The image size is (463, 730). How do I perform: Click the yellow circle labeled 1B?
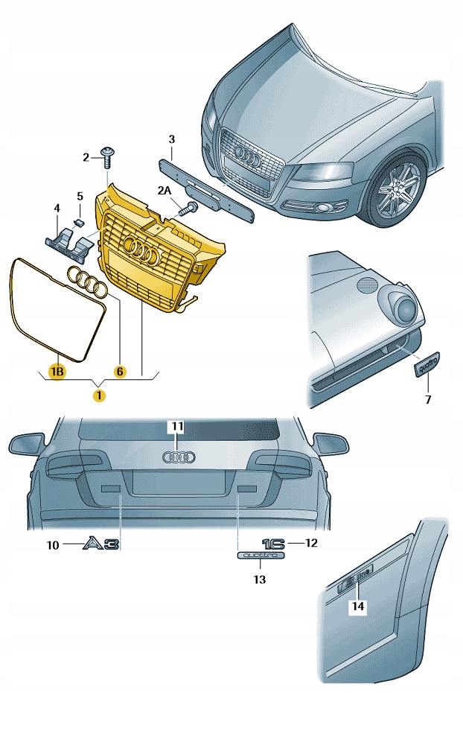(57, 370)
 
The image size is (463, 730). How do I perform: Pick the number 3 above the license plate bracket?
(171, 139)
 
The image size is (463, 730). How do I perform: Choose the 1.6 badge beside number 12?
(273, 543)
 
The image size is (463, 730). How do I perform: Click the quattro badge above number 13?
(260, 556)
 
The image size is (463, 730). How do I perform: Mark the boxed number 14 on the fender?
(358, 606)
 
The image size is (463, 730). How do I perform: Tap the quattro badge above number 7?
(428, 364)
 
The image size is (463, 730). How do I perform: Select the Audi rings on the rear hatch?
(178, 457)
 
